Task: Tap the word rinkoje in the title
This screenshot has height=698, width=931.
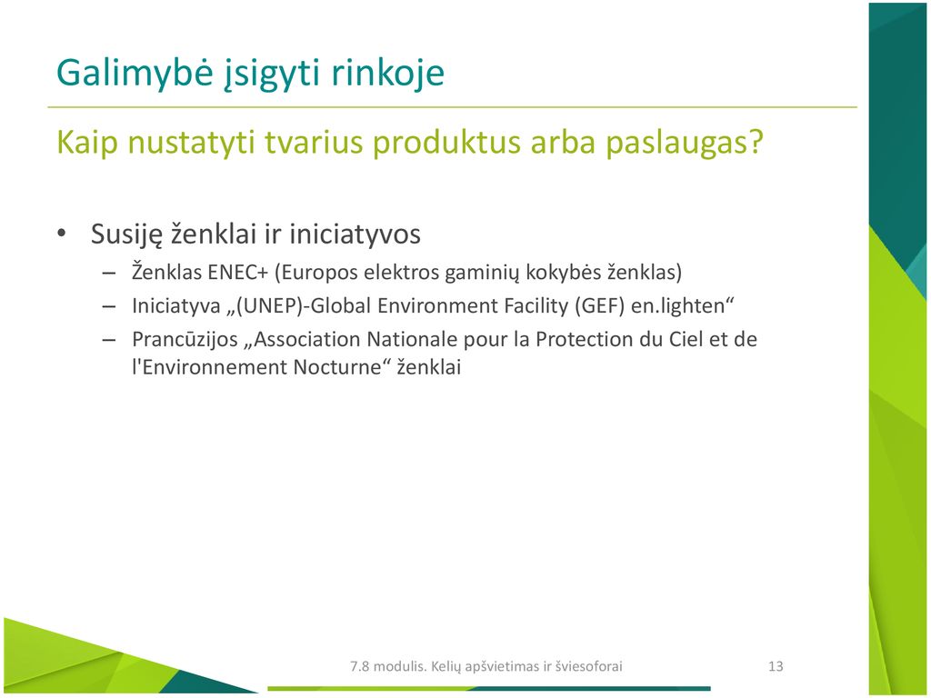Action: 387,74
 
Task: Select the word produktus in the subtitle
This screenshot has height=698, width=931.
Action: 447,144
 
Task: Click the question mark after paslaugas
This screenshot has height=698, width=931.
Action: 756,141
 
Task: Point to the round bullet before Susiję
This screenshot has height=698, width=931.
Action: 62,234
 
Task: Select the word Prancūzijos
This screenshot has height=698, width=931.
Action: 185,340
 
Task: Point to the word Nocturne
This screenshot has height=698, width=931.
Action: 336,367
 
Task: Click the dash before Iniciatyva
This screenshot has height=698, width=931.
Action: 109,307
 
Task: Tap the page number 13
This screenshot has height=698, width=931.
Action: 776,666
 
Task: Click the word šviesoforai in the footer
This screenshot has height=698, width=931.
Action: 589,666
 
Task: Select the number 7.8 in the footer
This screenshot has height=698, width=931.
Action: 359,666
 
